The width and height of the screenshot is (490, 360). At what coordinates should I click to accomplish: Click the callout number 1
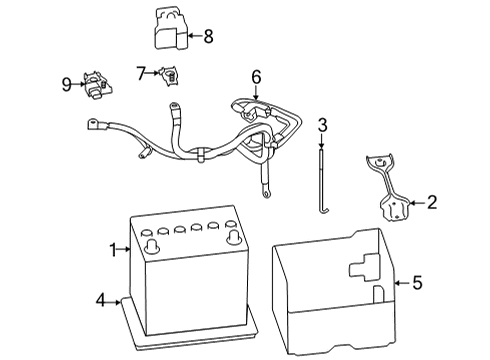coord(113,248)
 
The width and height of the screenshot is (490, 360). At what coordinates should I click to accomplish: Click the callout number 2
coord(432,204)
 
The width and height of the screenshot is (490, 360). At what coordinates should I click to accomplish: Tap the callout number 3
coord(323,125)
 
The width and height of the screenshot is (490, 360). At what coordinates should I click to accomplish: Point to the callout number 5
coord(417,283)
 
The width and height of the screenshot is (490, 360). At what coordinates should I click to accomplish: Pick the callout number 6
coord(256,77)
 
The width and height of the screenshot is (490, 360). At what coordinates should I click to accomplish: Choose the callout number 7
coord(142,73)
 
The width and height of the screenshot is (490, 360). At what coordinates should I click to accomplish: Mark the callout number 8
coord(208,37)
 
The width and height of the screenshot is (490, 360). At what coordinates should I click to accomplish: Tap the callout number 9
coord(66,85)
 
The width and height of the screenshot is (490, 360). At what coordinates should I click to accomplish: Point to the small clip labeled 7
coord(172,74)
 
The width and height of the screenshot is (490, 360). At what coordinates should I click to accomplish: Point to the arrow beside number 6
coord(256,94)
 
